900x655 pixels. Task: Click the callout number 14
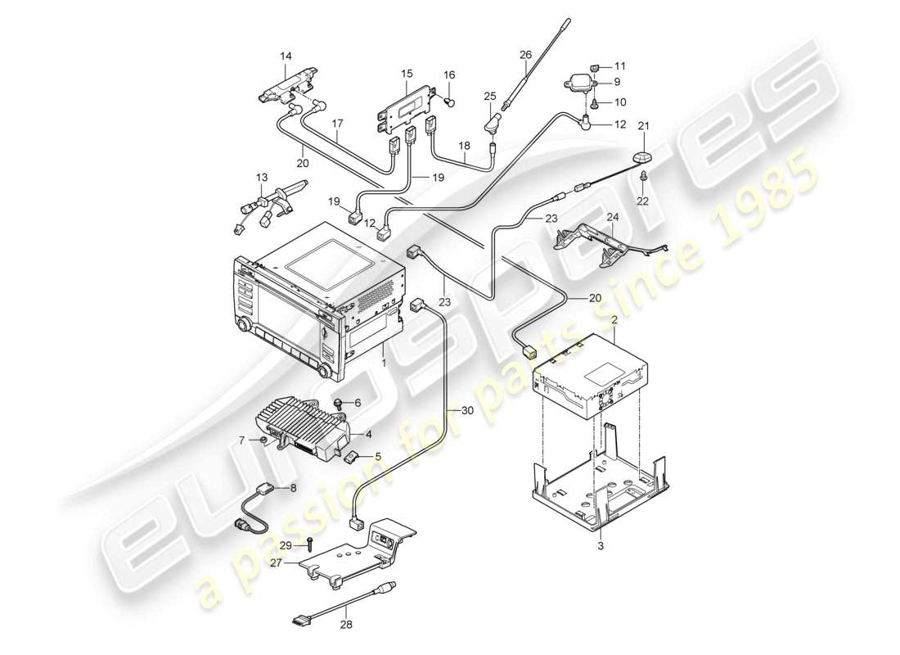tap(285, 56)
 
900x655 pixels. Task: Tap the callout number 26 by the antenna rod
tap(525, 55)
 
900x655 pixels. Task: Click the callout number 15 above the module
tap(407, 75)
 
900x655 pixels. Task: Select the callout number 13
tap(261, 178)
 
